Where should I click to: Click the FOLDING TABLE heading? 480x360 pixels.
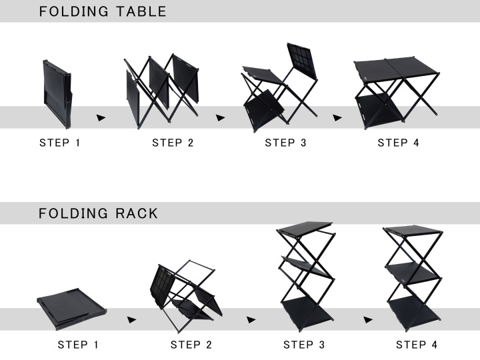coord(103,11)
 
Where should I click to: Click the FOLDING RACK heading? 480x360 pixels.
coord(99,213)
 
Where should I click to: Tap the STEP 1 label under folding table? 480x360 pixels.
coord(60,143)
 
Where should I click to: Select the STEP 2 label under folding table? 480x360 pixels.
coord(173,143)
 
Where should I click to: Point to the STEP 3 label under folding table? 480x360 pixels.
coord(285,143)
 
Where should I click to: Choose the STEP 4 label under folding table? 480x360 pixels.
coord(398,143)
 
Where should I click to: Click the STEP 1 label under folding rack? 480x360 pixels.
coord(79,345)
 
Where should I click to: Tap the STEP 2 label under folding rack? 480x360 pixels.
coord(191,345)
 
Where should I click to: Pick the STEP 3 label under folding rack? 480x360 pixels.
coord(304,345)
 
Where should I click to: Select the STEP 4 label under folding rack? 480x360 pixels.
coord(417,345)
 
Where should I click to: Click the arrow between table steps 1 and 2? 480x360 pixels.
coord(101,117)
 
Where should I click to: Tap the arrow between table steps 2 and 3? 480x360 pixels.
coord(220,117)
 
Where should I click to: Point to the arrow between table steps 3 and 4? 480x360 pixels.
coord(337,117)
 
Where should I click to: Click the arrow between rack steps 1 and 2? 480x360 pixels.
coord(132,319)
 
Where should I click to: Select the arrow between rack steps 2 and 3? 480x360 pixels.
coord(251,319)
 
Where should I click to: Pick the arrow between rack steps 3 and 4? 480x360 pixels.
coord(368,319)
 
